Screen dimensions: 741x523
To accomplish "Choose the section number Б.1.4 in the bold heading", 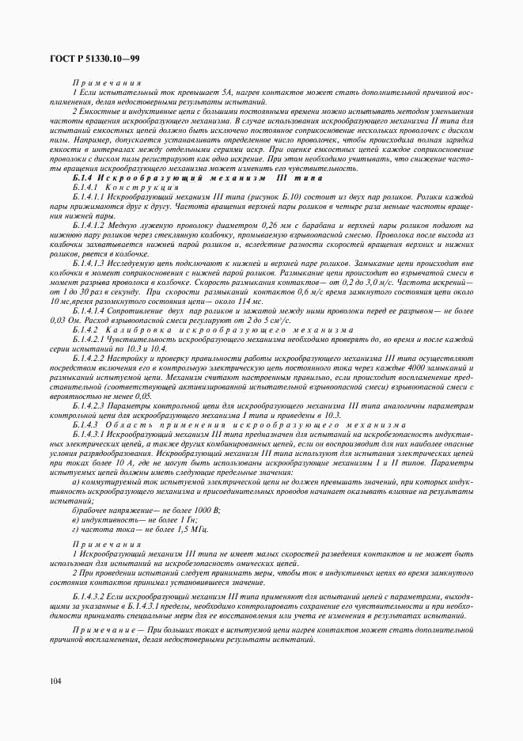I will tap(82, 178).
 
